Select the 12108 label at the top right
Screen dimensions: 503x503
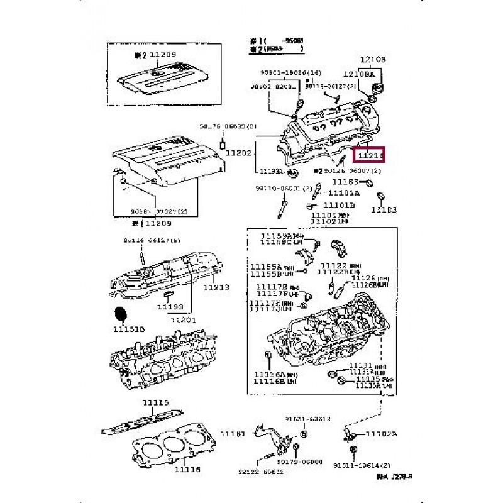373,60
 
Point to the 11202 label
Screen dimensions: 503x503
238,152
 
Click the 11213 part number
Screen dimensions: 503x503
216,288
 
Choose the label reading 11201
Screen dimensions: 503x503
184,320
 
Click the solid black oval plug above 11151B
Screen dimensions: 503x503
121,315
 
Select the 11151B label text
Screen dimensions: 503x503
129,329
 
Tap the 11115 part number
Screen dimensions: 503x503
155,403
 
